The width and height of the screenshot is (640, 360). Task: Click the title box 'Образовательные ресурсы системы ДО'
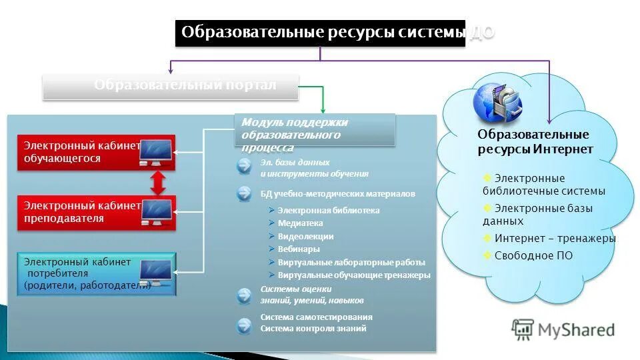pyautogui.click(x=320, y=33)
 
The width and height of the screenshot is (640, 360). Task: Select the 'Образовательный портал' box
pyautogui.click(x=171, y=86)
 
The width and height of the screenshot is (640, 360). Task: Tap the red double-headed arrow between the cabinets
pyautogui.click(x=158, y=182)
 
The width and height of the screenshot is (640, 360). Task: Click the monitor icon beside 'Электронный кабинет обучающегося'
pyautogui.click(x=155, y=153)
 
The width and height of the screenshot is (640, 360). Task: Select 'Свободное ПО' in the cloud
pyautogui.click(x=533, y=255)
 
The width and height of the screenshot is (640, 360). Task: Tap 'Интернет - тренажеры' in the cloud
pyautogui.click(x=555, y=238)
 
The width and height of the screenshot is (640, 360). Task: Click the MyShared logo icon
pyautogui.click(x=523, y=329)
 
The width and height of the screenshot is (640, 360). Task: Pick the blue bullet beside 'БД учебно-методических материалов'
pyautogui.click(x=244, y=194)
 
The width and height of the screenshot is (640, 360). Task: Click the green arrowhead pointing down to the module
pyautogui.click(x=323, y=110)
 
